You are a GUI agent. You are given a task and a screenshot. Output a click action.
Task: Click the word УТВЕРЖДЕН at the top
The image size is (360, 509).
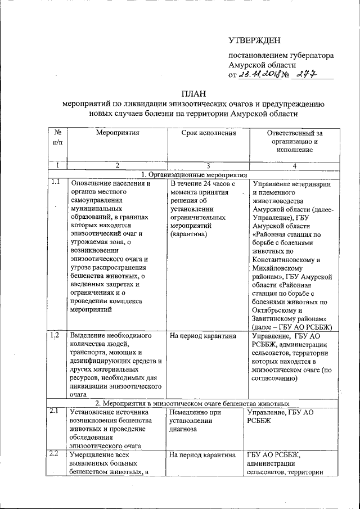tap(254, 40)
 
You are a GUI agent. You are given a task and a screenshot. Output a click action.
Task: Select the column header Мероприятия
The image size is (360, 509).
tap(117, 133)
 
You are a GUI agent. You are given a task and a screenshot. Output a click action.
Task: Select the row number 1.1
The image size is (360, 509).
tap(55, 182)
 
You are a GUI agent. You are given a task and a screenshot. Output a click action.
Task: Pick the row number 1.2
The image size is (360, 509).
tap(55, 336)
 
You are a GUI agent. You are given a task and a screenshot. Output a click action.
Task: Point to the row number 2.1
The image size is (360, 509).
tap(55, 411)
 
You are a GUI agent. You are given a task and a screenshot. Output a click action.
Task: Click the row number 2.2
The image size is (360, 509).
tap(55, 453)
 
